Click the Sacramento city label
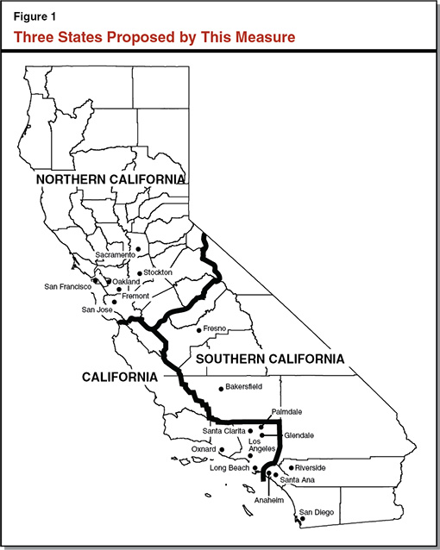point(115,255)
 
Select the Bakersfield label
point(242,387)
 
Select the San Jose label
point(97,309)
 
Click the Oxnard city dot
point(223,449)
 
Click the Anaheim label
point(268,500)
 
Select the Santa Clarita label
point(223,430)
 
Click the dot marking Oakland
point(107,282)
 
